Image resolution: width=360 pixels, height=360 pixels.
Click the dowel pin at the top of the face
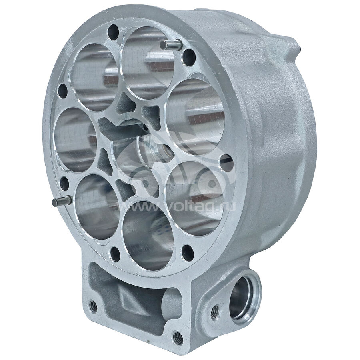click(x=171, y=44)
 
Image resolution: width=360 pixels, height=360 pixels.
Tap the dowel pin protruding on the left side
click(x=62, y=201)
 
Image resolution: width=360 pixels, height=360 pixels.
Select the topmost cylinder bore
click(x=147, y=63)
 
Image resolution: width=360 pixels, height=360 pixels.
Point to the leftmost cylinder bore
click(x=75, y=140)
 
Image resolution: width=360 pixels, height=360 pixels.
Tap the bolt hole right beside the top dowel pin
click(x=189, y=57)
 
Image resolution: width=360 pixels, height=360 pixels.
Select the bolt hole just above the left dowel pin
click(x=64, y=184)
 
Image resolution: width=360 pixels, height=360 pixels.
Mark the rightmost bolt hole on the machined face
click(x=226, y=163)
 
